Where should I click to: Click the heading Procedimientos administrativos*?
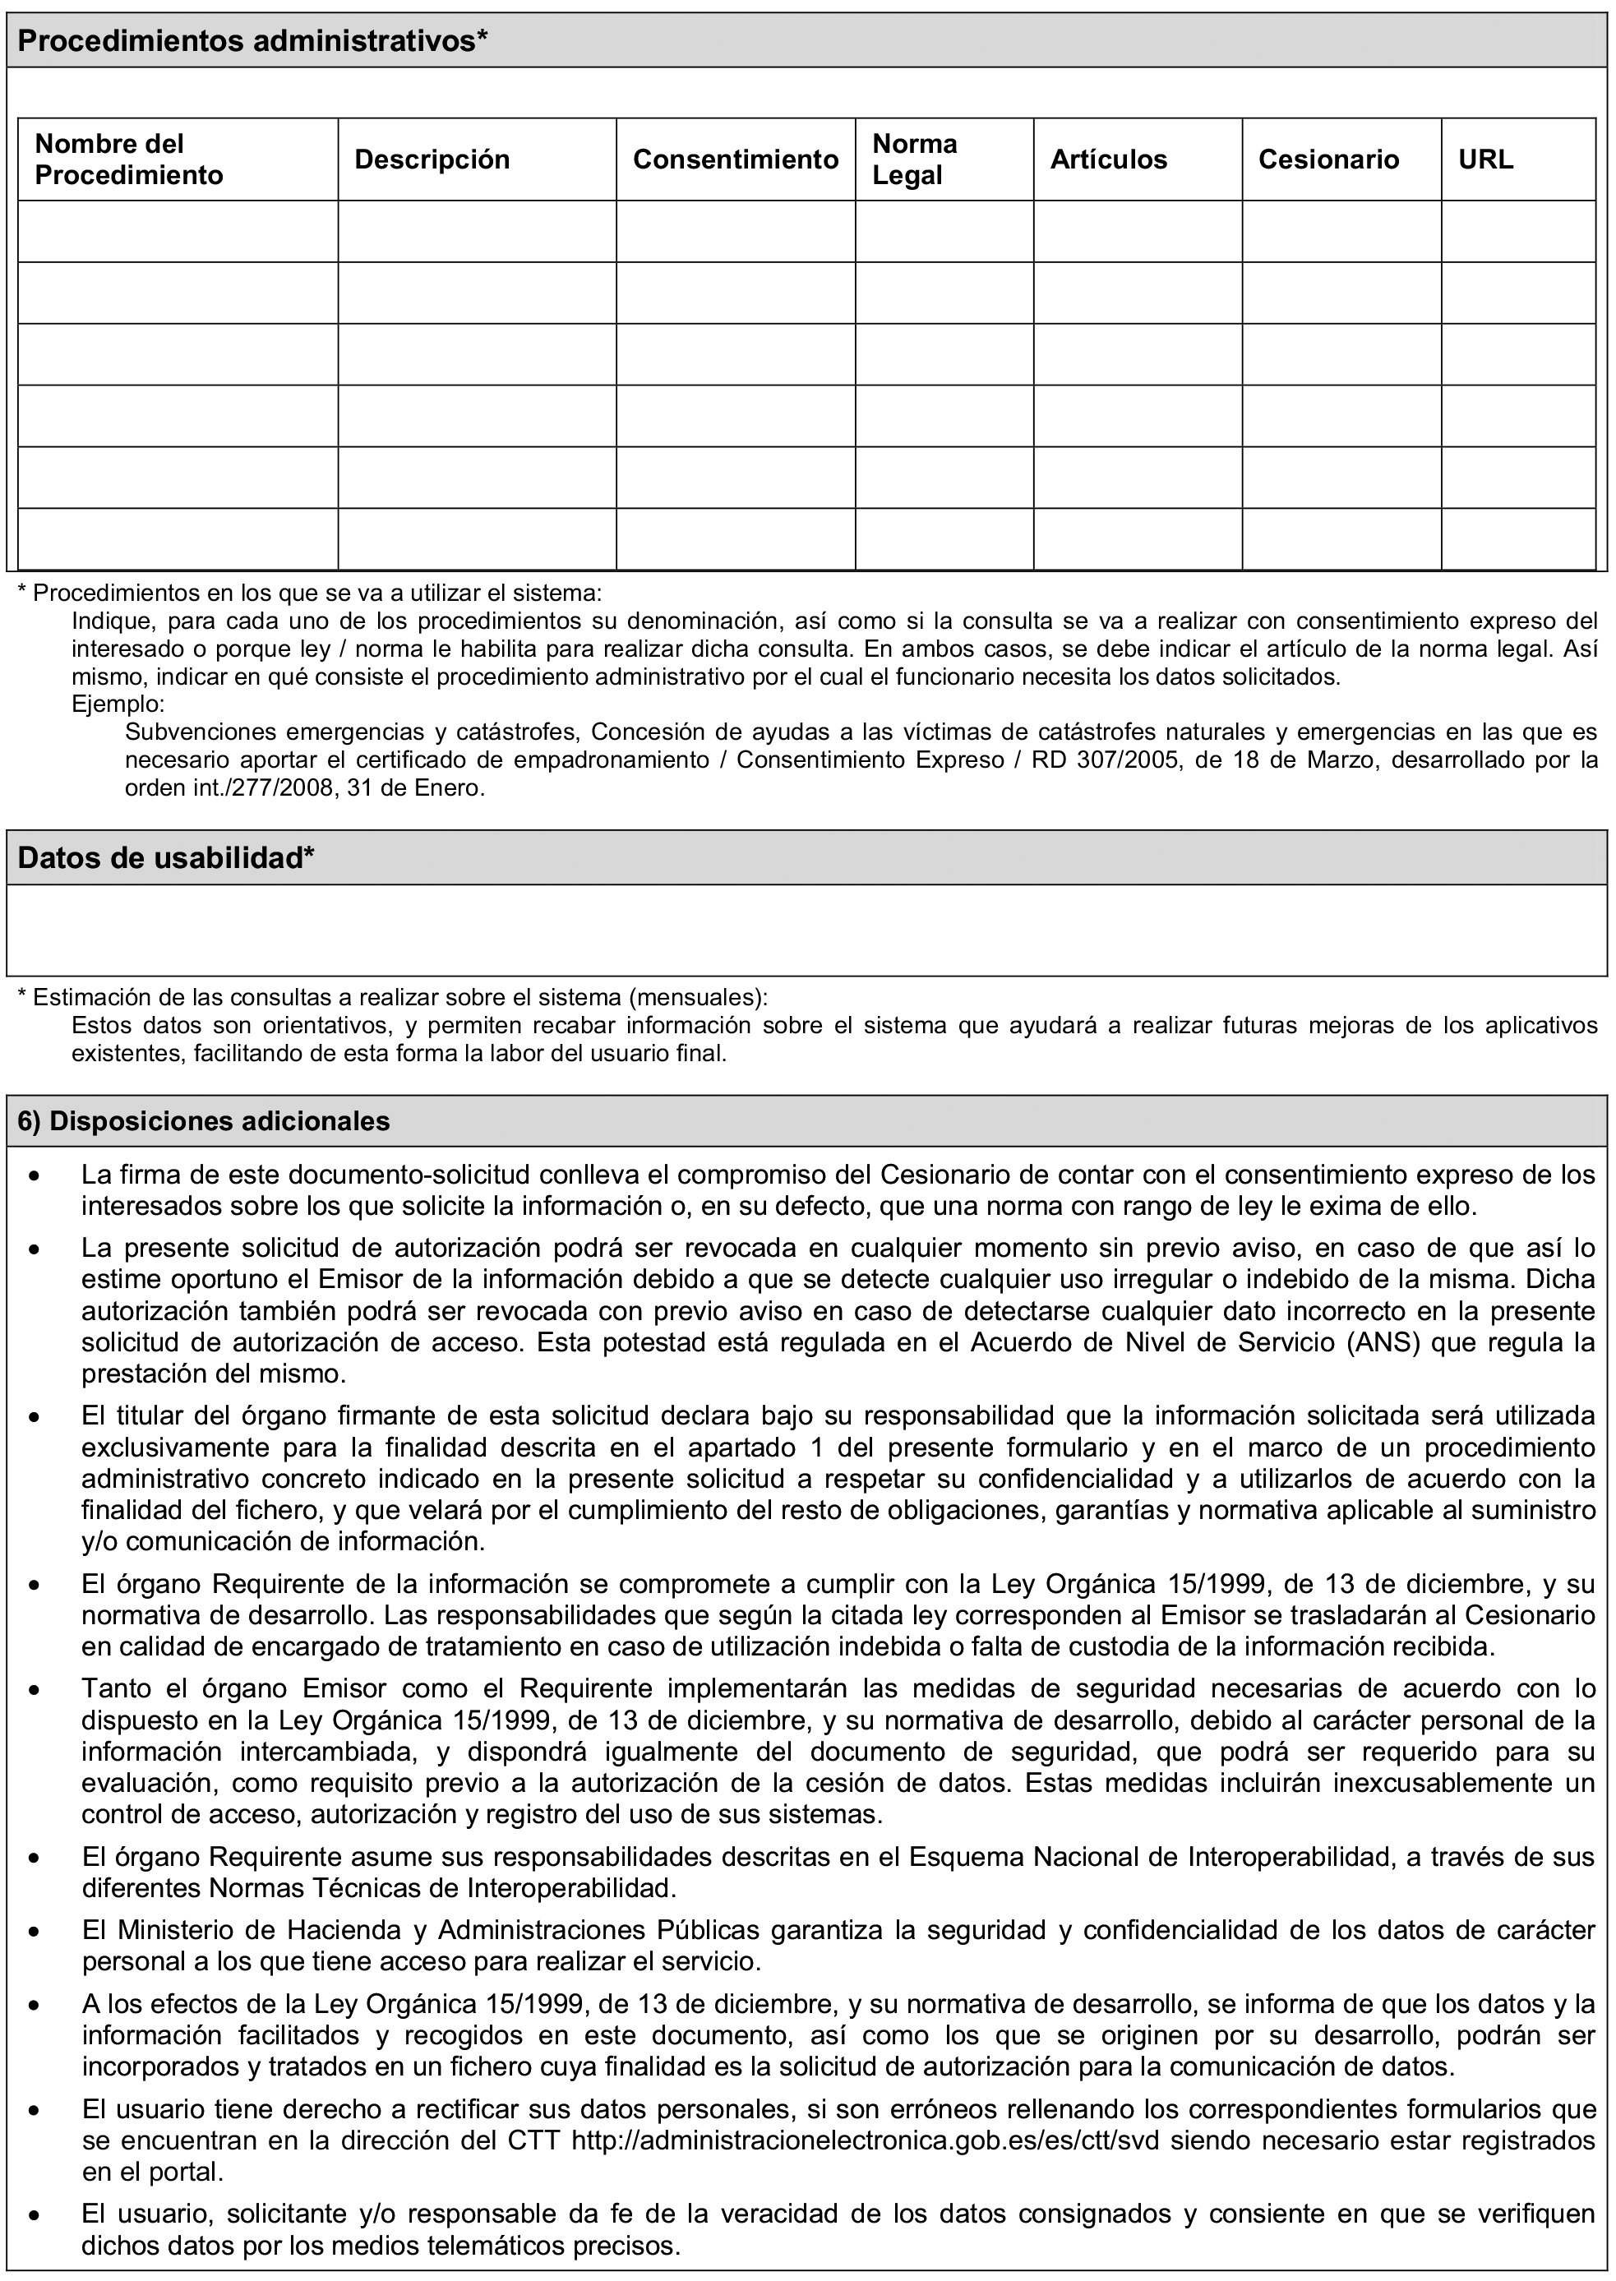[x=252, y=41]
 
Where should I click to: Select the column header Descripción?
[x=432, y=159]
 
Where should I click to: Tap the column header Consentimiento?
[x=736, y=159]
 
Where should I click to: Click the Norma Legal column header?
[x=915, y=159]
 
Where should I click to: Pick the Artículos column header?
[x=1109, y=159]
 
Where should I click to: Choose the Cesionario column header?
[x=1328, y=159]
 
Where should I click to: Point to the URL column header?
[x=1485, y=159]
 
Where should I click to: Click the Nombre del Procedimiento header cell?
[x=129, y=159]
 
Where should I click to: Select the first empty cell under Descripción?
[x=477, y=231]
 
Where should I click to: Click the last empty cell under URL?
[x=1517, y=538]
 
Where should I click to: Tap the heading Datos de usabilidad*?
[x=166, y=858]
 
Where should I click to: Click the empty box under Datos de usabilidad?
[x=806, y=930]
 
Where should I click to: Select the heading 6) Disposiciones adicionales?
[x=204, y=1120]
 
